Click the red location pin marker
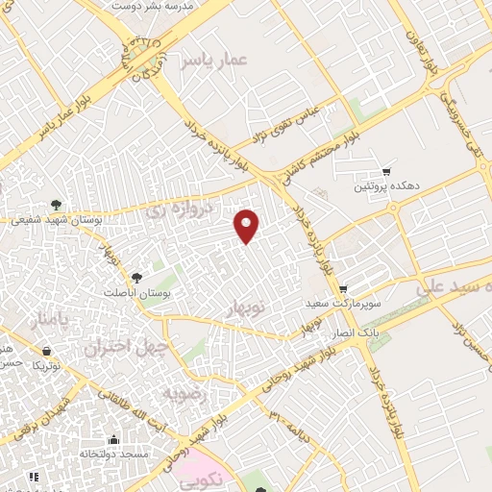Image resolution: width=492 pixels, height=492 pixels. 248,225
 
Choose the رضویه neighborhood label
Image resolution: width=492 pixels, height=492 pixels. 183,394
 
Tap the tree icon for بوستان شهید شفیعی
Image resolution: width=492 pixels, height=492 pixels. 58,204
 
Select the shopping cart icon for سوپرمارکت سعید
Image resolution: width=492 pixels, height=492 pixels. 343,288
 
